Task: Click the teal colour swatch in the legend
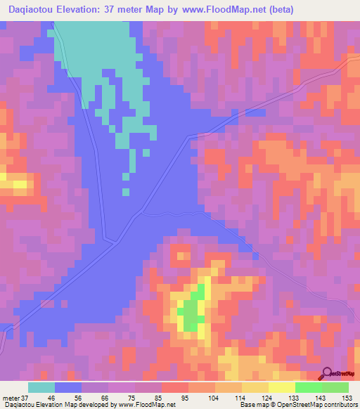pos(41,387)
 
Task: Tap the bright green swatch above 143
pos(309,387)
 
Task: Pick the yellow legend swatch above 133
pos(282,387)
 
